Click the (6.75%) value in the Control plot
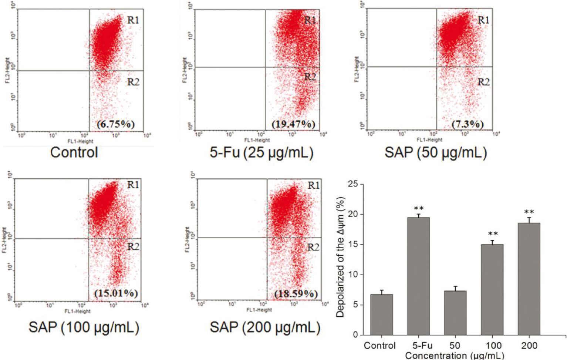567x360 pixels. [x=116, y=124]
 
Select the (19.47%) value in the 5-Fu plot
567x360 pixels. [x=293, y=124]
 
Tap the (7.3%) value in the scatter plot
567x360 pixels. [x=468, y=124]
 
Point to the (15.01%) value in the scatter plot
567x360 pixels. [x=116, y=293]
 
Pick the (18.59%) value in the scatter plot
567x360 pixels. [x=296, y=294]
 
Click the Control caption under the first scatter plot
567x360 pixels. [x=74, y=152]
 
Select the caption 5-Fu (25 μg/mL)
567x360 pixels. [x=261, y=152]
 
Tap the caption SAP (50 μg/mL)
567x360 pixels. [x=436, y=152]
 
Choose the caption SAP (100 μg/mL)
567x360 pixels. [x=84, y=327]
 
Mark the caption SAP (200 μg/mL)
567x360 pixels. [x=265, y=327]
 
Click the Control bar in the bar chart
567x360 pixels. [x=381, y=314]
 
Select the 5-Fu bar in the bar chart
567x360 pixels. [x=418, y=276]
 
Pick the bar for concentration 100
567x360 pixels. [x=492, y=290]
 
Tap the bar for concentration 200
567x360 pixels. [x=529, y=279]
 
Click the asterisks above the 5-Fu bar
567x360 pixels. [x=419, y=209]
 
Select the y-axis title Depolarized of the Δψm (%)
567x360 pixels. [x=340, y=257]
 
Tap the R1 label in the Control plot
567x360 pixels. [x=133, y=20]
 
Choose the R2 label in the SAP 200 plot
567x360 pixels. [x=313, y=247]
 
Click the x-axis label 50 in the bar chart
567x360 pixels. [x=455, y=346]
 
